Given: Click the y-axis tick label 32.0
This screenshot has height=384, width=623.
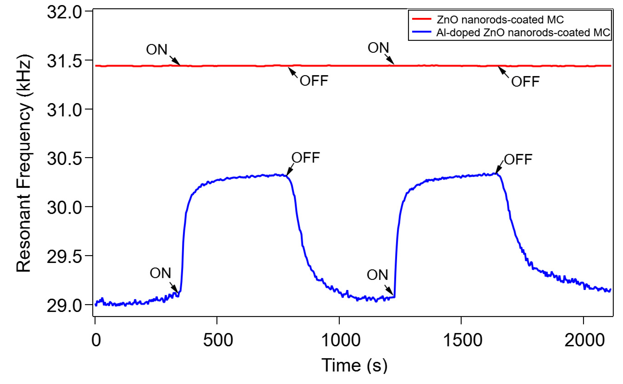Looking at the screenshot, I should [x=65, y=12].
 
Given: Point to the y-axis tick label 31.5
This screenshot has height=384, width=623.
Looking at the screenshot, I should [x=65, y=61].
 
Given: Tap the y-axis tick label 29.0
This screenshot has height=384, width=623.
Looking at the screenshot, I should [x=65, y=306].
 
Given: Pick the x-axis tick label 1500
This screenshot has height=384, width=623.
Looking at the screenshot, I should [x=462, y=340].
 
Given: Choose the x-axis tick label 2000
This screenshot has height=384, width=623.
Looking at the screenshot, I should [x=584, y=340].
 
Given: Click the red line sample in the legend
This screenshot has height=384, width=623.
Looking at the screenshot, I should [x=422, y=19].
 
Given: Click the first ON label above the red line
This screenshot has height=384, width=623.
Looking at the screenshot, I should [x=157, y=50].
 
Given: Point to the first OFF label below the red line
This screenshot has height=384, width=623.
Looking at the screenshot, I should [x=314, y=81].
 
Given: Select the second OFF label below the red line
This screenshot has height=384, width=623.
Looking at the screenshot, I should [x=525, y=82].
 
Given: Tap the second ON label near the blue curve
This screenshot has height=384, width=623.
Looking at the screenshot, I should [x=377, y=275].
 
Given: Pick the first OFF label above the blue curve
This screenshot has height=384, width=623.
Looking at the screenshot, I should [x=305, y=158].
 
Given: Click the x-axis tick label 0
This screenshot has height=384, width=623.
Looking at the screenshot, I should [x=96, y=340].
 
